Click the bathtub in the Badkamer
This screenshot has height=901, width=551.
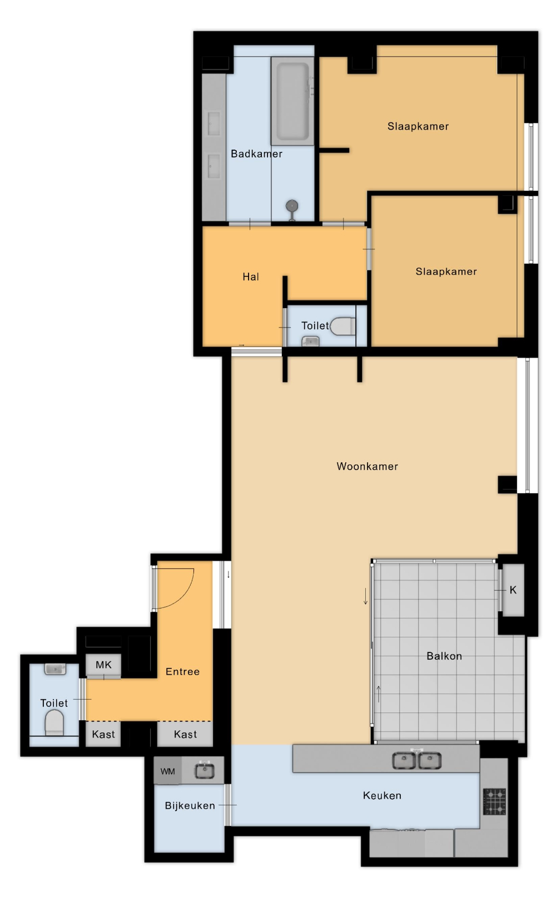tap(292, 101)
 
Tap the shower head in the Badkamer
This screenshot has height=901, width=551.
tap(292, 206)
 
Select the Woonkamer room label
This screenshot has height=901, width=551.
tap(367, 466)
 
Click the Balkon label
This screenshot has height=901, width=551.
tap(444, 656)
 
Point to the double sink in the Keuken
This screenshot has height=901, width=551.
tap(416, 760)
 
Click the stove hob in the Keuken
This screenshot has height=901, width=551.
tap(494, 801)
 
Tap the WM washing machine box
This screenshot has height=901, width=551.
tap(168, 771)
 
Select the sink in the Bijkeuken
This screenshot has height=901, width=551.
tap(204, 771)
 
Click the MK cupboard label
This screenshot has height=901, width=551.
tap(103, 665)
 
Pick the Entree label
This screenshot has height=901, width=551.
tap(182, 671)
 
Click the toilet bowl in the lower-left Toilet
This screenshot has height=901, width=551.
tap(54, 722)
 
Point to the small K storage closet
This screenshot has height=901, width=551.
tap(513, 590)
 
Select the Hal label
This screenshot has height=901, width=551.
tap(251, 277)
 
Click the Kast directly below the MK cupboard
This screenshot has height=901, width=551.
tap(103, 734)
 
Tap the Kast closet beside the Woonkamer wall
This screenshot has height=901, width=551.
tap(185, 734)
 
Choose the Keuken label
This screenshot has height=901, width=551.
tap(382, 795)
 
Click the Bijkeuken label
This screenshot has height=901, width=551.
tap(190, 806)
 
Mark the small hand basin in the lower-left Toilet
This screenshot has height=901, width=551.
tap(55, 669)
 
